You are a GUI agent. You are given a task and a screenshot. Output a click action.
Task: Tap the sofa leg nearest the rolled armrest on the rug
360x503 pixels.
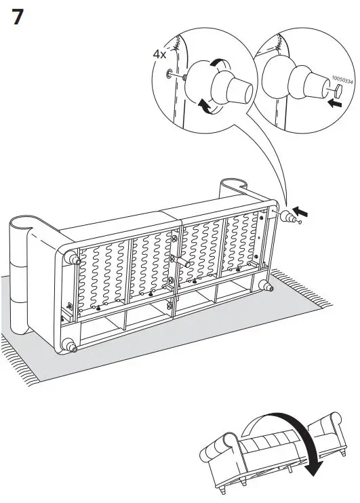point(69,258)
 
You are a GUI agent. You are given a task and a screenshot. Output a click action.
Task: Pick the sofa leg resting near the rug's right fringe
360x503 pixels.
point(269,287)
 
